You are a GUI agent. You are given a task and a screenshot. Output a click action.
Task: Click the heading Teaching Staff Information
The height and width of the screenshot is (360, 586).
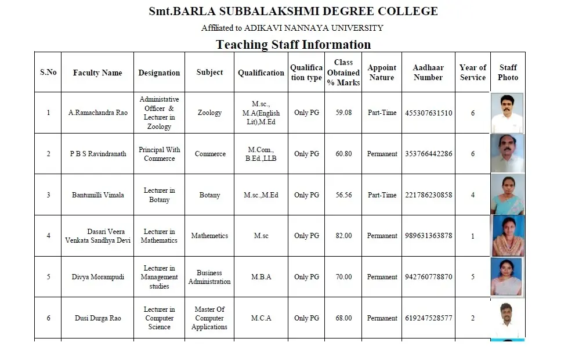tap(293, 45)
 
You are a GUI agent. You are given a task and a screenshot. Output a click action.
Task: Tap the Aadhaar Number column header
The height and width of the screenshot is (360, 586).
tap(428, 73)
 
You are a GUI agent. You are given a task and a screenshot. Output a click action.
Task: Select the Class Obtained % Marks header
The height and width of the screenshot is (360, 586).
tap(343, 73)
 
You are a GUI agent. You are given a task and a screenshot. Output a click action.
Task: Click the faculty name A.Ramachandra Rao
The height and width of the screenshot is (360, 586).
tap(97, 113)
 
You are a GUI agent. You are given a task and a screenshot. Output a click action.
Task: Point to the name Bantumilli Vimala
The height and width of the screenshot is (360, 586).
tap(97, 195)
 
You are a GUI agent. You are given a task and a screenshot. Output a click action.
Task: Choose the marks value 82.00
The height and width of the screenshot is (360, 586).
tap(343, 236)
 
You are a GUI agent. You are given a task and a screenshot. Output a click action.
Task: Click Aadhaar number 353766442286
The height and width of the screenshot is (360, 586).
tap(428, 154)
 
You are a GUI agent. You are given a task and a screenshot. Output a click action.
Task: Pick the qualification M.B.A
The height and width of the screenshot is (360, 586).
tap(261, 277)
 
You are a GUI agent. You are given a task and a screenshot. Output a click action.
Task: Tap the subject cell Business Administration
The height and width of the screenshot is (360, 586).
tap(209, 277)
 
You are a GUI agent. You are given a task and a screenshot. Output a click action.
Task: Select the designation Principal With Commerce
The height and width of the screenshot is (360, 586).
tap(159, 154)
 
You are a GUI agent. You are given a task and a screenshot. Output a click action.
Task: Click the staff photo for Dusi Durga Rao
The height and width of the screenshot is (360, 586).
tap(508, 318)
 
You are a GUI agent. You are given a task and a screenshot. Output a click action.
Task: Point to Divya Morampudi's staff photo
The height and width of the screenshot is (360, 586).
tap(507, 277)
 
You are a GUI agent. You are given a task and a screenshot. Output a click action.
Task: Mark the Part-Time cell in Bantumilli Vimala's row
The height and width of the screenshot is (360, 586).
tap(382, 195)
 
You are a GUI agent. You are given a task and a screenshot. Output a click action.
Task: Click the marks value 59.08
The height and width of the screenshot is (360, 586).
tap(343, 113)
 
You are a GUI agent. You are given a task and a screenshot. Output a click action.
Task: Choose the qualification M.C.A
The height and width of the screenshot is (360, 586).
tap(261, 318)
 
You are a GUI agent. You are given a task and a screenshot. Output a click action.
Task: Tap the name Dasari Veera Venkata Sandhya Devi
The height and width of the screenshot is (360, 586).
tap(97, 236)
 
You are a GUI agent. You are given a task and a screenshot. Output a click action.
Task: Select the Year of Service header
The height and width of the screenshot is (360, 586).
tap(472, 73)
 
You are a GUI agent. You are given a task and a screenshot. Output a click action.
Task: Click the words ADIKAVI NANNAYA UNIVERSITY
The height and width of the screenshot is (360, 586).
tap(313, 28)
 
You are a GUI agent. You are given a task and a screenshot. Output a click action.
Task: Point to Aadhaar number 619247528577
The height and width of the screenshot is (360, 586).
tap(428, 318)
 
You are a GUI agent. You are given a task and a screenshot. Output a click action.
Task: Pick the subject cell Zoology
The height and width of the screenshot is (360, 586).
tap(209, 113)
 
